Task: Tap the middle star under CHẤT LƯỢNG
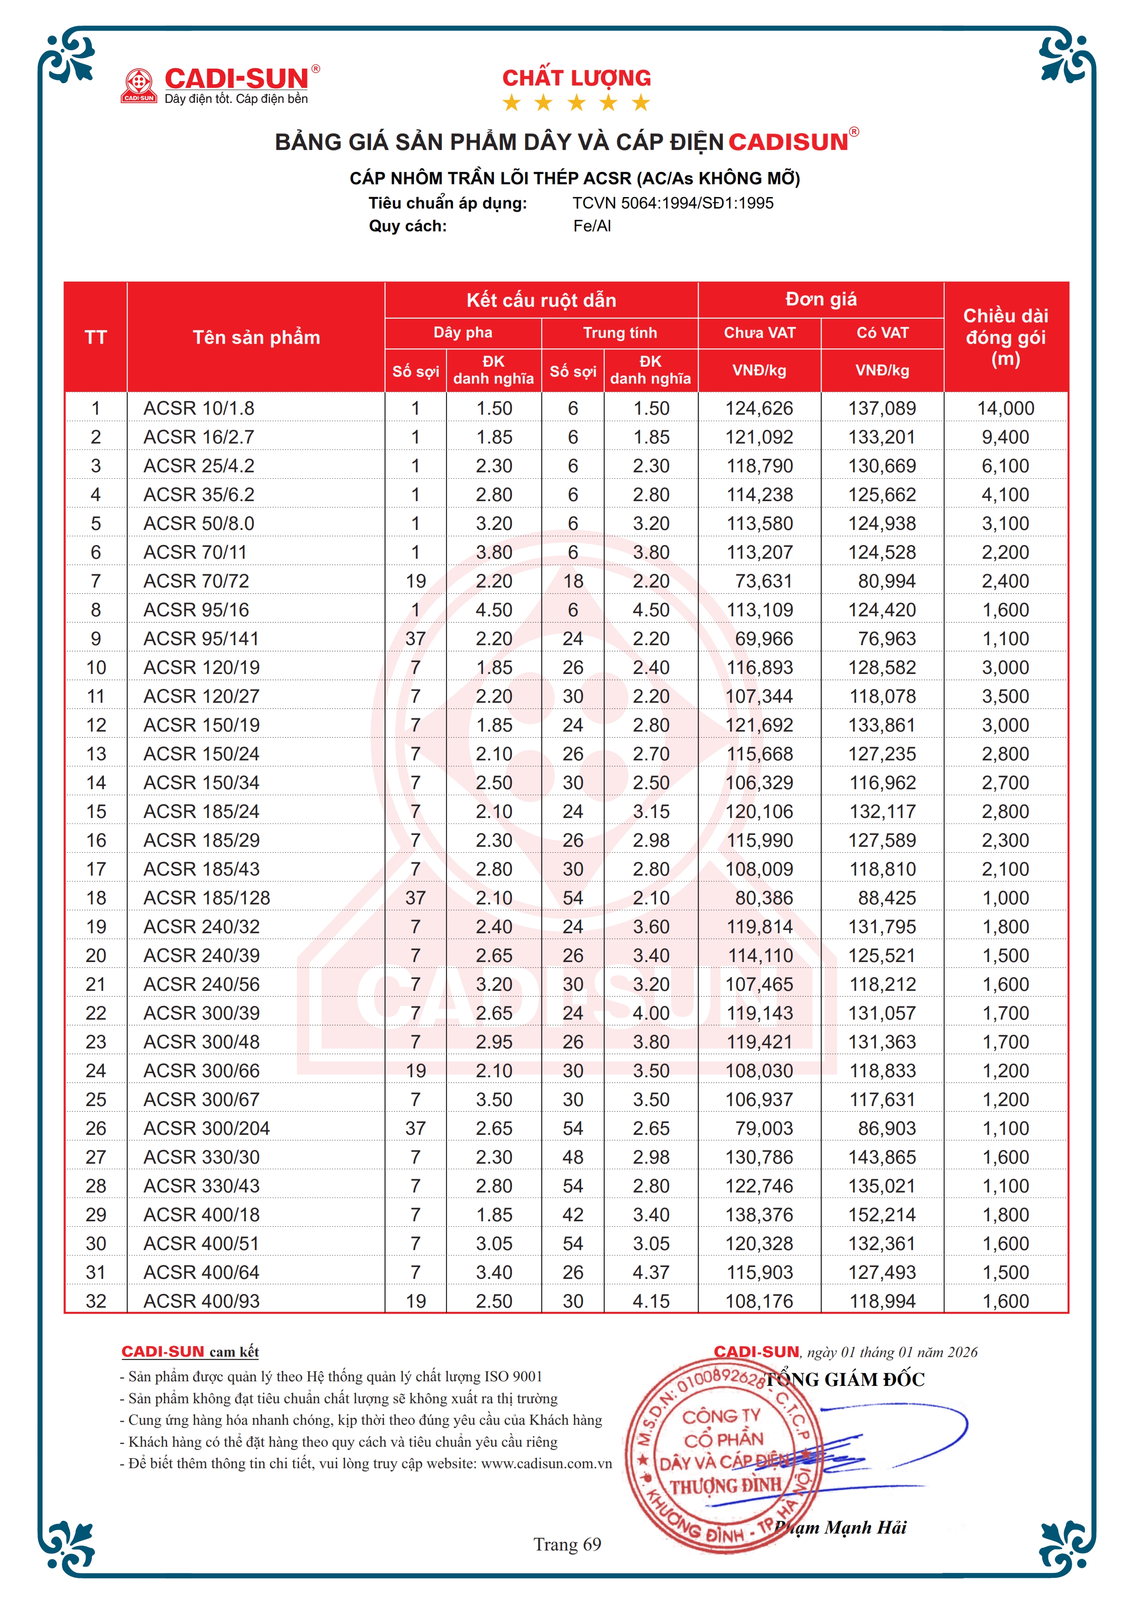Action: pyautogui.click(x=576, y=103)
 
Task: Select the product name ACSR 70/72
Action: pyautogui.click(x=196, y=581)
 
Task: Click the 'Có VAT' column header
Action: pyautogui.click(x=882, y=332)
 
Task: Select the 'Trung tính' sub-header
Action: pyautogui.click(x=620, y=332)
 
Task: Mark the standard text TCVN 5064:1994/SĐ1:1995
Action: pyautogui.click(x=673, y=203)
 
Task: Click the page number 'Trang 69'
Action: pyautogui.click(x=567, y=1544)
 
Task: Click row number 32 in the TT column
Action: pyautogui.click(x=96, y=1301)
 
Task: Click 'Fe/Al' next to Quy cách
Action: pyautogui.click(x=592, y=226)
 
